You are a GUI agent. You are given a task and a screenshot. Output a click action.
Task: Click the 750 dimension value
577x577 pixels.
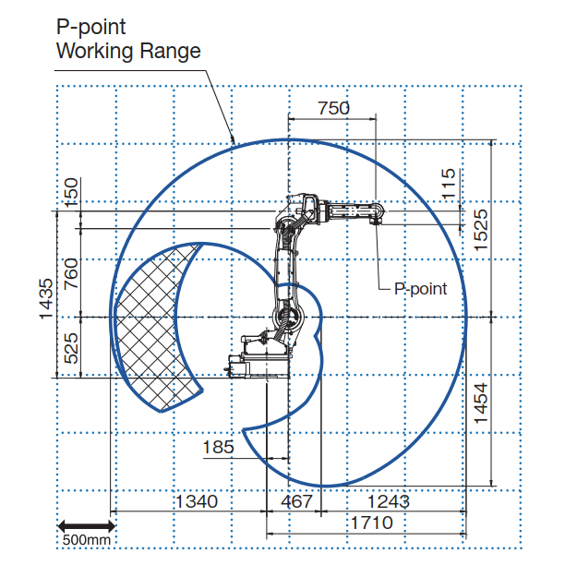coord(334,108)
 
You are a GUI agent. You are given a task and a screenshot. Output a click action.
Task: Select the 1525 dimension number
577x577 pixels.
coord(481,230)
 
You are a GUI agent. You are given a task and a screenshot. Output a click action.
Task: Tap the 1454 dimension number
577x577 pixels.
coord(481,403)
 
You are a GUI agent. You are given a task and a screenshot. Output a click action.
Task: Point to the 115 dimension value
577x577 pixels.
coord(448,185)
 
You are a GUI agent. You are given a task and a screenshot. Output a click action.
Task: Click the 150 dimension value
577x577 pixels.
coord(71,192)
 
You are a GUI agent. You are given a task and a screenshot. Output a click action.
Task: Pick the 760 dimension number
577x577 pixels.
coord(71,273)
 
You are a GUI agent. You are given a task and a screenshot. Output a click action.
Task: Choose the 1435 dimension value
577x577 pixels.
coord(47,299)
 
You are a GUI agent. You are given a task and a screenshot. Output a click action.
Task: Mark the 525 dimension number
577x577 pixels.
coord(71,348)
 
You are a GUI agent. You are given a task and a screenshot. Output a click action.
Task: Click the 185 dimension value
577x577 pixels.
coord(218,447)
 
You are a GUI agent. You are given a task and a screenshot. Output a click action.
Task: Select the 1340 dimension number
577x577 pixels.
coord(197,501)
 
